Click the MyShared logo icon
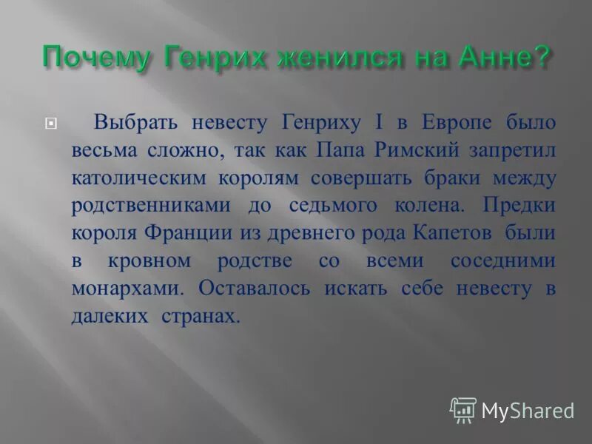pyautogui.click(x=462, y=409)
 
